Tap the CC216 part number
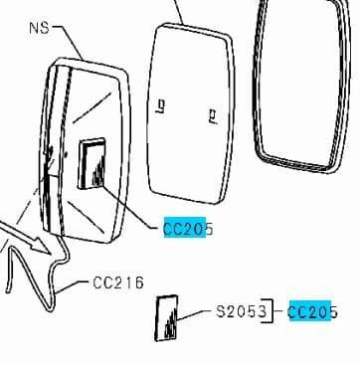[118, 282]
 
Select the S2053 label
[242, 312]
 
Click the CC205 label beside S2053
[312, 312]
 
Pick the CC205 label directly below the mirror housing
[187, 230]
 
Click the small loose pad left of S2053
[166, 317]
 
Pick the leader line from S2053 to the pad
[199, 313]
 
